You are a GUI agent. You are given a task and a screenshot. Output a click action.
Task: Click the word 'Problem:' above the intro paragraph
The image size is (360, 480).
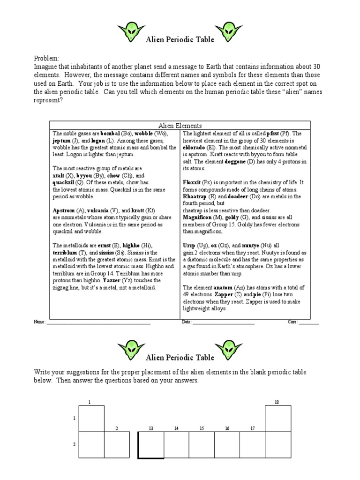(46, 58)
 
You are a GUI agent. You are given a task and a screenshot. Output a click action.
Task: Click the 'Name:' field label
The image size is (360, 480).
(39, 322)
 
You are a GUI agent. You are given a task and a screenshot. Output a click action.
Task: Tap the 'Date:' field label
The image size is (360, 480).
(187, 322)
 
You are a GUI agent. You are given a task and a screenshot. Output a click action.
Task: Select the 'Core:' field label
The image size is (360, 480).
(293, 322)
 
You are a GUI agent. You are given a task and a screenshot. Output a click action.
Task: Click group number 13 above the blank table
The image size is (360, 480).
(151, 428)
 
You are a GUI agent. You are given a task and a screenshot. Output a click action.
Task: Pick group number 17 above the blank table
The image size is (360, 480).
(253, 428)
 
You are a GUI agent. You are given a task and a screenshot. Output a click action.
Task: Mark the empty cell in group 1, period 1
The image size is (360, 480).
(91, 419)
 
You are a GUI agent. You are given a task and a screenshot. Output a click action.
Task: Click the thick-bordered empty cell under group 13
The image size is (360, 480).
(151, 445)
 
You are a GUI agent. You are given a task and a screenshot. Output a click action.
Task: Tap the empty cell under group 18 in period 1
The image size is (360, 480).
(278, 419)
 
